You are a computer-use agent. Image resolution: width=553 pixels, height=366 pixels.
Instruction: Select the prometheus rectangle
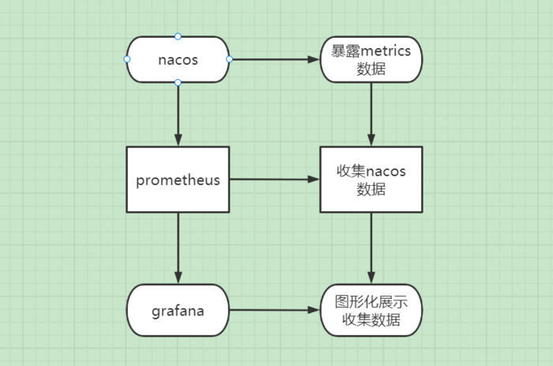click(178, 179)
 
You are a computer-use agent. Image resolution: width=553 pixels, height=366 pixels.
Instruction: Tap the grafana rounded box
click(178, 310)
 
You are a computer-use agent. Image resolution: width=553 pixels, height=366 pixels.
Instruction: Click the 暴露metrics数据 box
click(371, 59)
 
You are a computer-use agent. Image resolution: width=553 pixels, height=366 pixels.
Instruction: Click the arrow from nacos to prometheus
click(178, 115)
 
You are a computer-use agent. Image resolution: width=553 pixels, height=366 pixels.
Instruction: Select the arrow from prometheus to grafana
click(178, 248)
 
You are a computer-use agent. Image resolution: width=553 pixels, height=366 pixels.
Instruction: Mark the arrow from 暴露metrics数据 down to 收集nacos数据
click(371, 115)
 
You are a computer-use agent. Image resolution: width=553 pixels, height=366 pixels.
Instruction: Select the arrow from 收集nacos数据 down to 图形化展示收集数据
click(371, 248)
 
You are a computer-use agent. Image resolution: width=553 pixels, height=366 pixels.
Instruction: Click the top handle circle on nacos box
click(178, 36)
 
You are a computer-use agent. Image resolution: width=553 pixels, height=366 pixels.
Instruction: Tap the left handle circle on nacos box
click(126, 59)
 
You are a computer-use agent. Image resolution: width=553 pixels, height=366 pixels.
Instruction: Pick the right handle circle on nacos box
click(229, 59)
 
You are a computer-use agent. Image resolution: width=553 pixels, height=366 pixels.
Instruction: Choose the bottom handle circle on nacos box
click(178, 82)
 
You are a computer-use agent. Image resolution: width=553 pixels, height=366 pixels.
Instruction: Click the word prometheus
click(178, 179)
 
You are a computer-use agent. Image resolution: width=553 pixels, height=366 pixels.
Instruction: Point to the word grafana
click(178, 311)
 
